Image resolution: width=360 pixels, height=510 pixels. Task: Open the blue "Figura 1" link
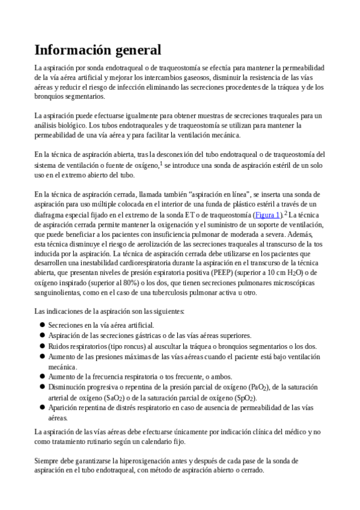[268, 215]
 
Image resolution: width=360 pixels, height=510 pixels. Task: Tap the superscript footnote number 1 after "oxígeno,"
[161, 162]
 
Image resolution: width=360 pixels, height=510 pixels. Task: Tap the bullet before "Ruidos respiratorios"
[42, 346]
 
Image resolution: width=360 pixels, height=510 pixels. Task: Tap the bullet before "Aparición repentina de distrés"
[42, 408]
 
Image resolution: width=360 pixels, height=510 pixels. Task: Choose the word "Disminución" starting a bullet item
[69, 387]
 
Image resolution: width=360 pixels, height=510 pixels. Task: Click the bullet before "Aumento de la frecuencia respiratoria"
[42, 376]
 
